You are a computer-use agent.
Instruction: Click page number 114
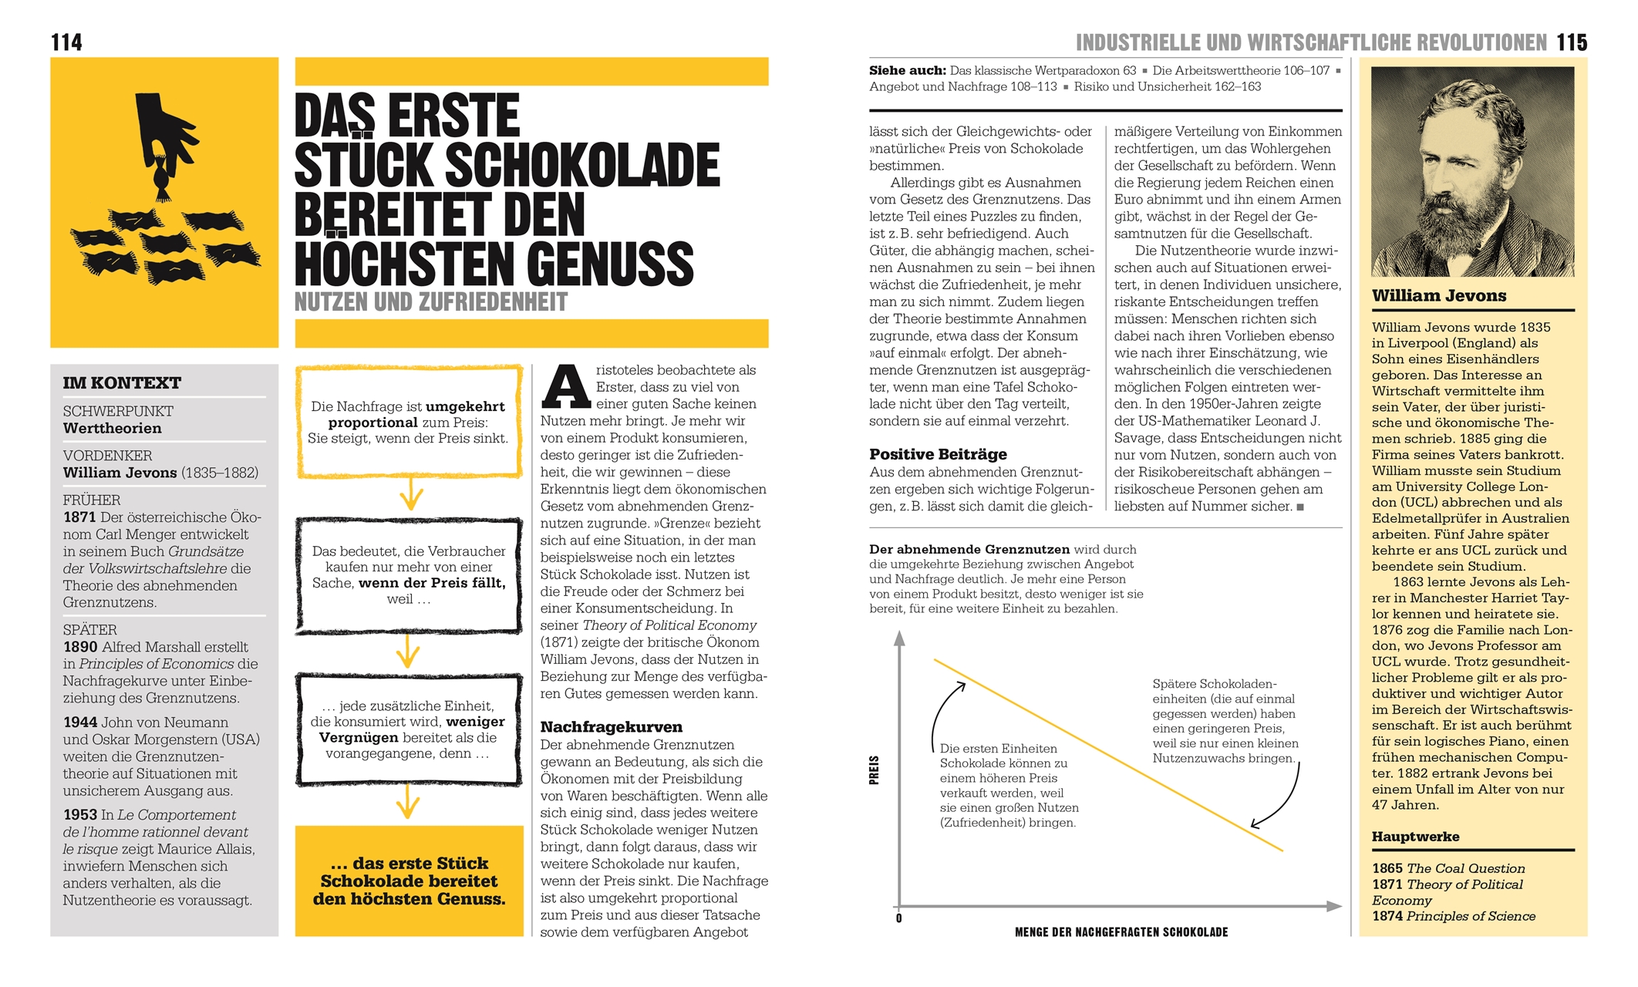point(66,42)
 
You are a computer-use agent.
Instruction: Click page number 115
point(1572,42)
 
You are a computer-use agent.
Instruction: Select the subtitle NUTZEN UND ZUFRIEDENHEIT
point(431,301)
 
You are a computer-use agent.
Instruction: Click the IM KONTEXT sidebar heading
point(122,382)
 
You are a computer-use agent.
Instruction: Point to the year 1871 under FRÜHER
point(79,517)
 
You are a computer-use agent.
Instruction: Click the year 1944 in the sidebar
point(80,723)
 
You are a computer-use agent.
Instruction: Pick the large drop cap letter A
point(565,388)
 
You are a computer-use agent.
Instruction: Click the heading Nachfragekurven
point(611,726)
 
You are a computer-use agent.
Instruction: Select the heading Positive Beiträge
point(938,454)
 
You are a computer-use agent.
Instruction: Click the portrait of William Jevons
point(1472,171)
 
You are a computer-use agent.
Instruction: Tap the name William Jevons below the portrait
point(1439,295)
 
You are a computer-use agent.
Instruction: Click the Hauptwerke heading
point(1415,837)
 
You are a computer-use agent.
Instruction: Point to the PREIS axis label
point(874,770)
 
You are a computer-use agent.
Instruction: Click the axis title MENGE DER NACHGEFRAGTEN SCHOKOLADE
point(1121,932)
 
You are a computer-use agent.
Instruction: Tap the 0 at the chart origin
point(899,918)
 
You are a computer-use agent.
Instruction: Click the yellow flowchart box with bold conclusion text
point(409,881)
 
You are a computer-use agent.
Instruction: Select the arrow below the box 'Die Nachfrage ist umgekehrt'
point(411,493)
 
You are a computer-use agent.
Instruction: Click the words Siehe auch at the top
point(907,70)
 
